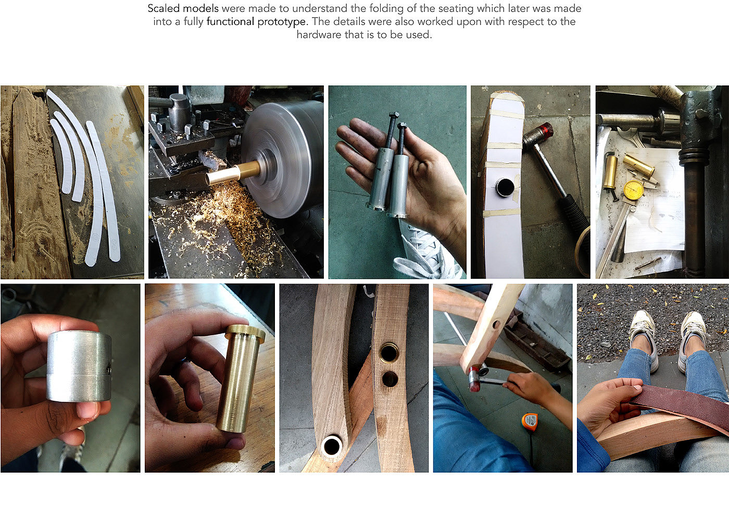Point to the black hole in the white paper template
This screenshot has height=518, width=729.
click(505, 187)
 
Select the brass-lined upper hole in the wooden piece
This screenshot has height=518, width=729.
click(388, 352)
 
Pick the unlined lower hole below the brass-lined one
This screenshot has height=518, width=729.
click(390, 378)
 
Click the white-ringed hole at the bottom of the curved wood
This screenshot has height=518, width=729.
click(332, 446)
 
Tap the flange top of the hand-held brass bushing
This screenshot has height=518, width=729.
click(245, 331)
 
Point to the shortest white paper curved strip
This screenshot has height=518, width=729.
click(61, 156)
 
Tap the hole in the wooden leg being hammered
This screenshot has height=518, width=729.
click(496, 325)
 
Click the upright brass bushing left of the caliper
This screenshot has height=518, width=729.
click(610, 172)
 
